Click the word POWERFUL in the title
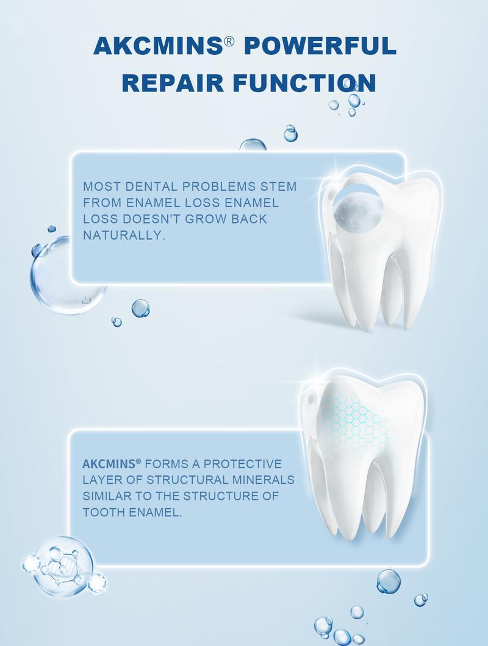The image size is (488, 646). [320, 45]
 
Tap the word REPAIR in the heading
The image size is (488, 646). [173, 82]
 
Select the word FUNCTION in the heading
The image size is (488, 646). [304, 82]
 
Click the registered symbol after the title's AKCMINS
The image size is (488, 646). [229, 41]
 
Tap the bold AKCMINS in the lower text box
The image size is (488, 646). [109, 464]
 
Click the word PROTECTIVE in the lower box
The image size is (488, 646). [243, 464]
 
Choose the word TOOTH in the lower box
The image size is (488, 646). [104, 513]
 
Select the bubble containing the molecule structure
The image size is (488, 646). [63, 567]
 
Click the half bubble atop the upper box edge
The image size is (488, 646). [253, 145]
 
